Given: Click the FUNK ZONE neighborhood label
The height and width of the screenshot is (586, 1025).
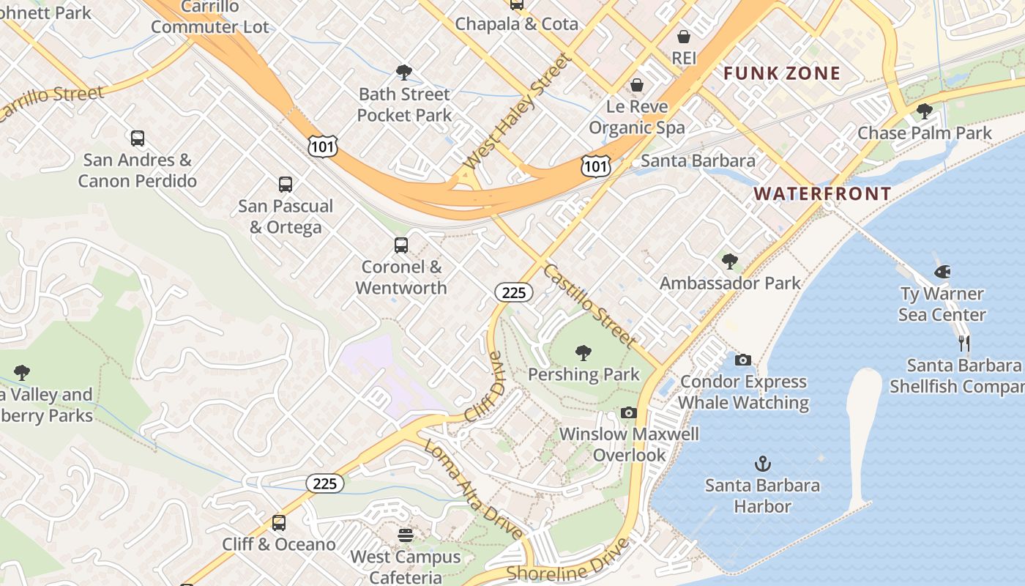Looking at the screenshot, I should click(x=782, y=73).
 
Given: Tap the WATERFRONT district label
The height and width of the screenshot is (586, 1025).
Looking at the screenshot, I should click(x=822, y=194).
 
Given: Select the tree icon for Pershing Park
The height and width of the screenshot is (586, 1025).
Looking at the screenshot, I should click(x=584, y=354).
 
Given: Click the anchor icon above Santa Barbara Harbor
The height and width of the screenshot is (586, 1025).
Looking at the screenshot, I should click(x=763, y=464).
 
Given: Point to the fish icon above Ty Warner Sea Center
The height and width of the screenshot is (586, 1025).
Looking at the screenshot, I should click(x=942, y=272).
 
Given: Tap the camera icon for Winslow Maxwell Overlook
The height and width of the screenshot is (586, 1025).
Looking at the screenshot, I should click(x=628, y=413).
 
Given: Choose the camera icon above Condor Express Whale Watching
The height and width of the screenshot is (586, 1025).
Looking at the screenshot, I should click(x=742, y=360).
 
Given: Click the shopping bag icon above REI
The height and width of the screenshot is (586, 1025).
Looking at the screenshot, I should click(x=684, y=37).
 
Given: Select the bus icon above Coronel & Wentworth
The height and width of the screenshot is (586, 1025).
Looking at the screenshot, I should click(x=401, y=245).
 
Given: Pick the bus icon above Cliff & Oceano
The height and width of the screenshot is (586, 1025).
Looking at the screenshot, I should click(x=278, y=523).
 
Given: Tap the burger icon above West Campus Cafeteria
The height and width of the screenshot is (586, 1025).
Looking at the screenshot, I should click(x=406, y=535).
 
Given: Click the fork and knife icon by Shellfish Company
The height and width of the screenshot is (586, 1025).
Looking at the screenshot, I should click(x=964, y=343).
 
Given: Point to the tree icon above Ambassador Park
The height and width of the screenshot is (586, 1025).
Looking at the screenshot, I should click(x=729, y=262).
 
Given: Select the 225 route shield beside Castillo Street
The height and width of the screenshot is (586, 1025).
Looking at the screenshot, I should click(x=514, y=293).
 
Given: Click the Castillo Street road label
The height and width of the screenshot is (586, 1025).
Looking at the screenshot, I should click(x=589, y=305).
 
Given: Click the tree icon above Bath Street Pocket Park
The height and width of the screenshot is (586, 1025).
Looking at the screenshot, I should click(x=403, y=73).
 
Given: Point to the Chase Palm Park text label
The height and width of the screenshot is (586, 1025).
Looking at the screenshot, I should click(x=924, y=133).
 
